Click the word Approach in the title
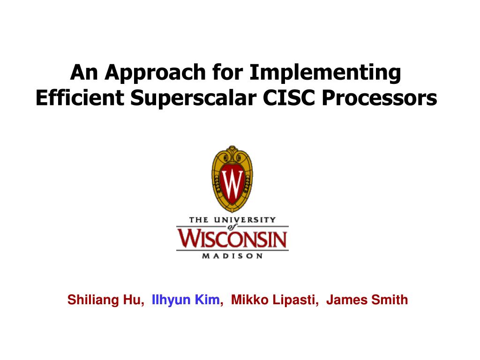tap(155, 73)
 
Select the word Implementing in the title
tap(325, 73)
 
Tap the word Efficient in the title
tap(80, 98)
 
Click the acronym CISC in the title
tap(289, 98)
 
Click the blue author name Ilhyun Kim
tap(186, 300)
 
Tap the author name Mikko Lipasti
tap(273, 300)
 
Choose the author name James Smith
tap(367, 300)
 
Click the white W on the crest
tap(232, 184)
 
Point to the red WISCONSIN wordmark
tap(232, 238)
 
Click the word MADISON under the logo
tap(232, 256)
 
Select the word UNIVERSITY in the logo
tap(245, 220)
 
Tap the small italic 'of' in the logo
tap(232, 227)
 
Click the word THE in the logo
tap(199, 220)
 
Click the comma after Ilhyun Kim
tap(222, 304)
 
